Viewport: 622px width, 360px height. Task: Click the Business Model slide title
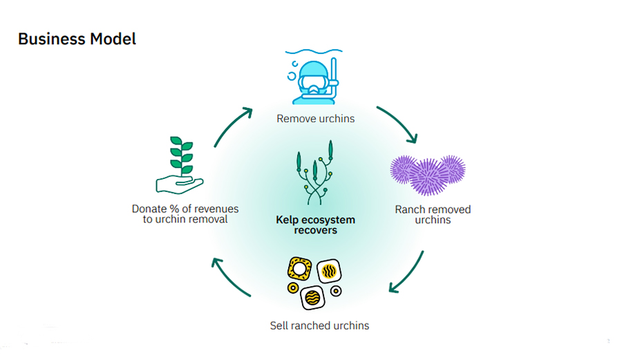pyautogui.click(x=77, y=39)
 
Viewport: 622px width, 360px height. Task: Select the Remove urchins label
pyautogui.click(x=315, y=118)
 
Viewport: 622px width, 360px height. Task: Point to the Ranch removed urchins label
pyautogui.click(x=433, y=214)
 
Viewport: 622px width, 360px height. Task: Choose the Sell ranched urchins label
pyautogui.click(x=319, y=325)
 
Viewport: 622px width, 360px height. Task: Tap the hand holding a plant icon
pyautogui.click(x=179, y=165)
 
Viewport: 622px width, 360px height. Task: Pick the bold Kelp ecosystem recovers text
pyautogui.click(x=315, y=225)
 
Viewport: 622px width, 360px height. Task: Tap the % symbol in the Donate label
pyautogui.click(x=169, y=209)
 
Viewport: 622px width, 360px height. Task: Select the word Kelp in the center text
pyautogui.click(x=288, y=220)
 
